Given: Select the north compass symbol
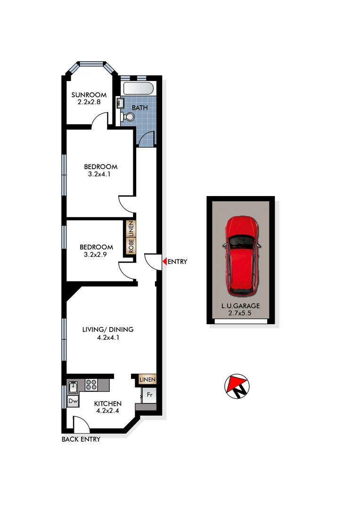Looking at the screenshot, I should [237, 386].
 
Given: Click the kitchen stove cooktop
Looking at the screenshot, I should [91, 384].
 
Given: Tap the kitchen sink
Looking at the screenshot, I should [74, 387].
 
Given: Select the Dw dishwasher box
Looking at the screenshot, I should [73, 401].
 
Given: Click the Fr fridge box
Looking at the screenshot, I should [149, 395].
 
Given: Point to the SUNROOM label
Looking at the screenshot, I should [89, 95].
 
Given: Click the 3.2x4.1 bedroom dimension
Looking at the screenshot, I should [101, 174].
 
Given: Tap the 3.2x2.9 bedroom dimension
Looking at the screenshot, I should [96, 254].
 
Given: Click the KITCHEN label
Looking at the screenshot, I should [108, 404].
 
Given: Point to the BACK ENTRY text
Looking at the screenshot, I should [81, 439].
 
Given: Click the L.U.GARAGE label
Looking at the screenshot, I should [240, 305].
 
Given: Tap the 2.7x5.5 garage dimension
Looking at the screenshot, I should [240, 312].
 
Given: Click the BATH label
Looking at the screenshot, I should [139, 107].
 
